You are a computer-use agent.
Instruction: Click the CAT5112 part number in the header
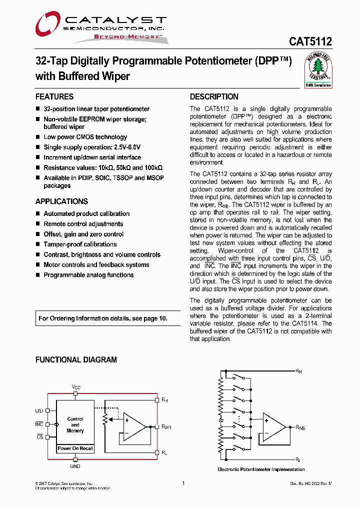click(x=310, y=42)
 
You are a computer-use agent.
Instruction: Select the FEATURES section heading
click(x=54, y=97)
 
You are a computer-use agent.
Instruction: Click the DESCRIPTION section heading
click(x=214, y=97)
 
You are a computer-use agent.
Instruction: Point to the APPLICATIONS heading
click(x=61, y=201)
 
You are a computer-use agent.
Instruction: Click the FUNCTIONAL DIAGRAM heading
click(x=76, y=360)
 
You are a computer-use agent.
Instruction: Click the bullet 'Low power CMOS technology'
click(x=85, y=137)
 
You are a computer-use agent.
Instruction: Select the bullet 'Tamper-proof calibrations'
click(x=80, y=244)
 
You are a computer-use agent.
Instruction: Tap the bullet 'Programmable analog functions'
click(x=88, y=275)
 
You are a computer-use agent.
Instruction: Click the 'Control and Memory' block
click(x=75, y=424)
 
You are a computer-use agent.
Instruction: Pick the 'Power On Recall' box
click(x=75, y=448)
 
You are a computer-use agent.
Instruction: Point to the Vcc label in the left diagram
click(x=75, y=387)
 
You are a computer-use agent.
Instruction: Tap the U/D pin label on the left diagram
click(x=39, y=410)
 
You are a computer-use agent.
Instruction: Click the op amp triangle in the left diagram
click(x=133, y=426)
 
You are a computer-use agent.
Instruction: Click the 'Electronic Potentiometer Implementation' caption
click(x=261, y=469)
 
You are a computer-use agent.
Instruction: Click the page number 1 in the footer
click(x=183, y=483)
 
